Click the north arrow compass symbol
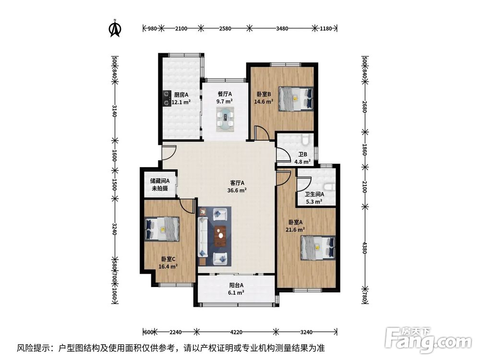click(115, 28)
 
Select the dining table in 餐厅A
click(226, 119)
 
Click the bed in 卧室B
click(296, 98)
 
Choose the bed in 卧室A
click(318, 247)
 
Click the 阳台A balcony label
click(237, 285)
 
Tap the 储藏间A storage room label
click(160, 181)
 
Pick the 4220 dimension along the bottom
click(236, 332)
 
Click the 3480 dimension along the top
click(282, 28)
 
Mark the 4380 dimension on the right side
click(364, 248)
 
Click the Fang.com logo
click(428, 339)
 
